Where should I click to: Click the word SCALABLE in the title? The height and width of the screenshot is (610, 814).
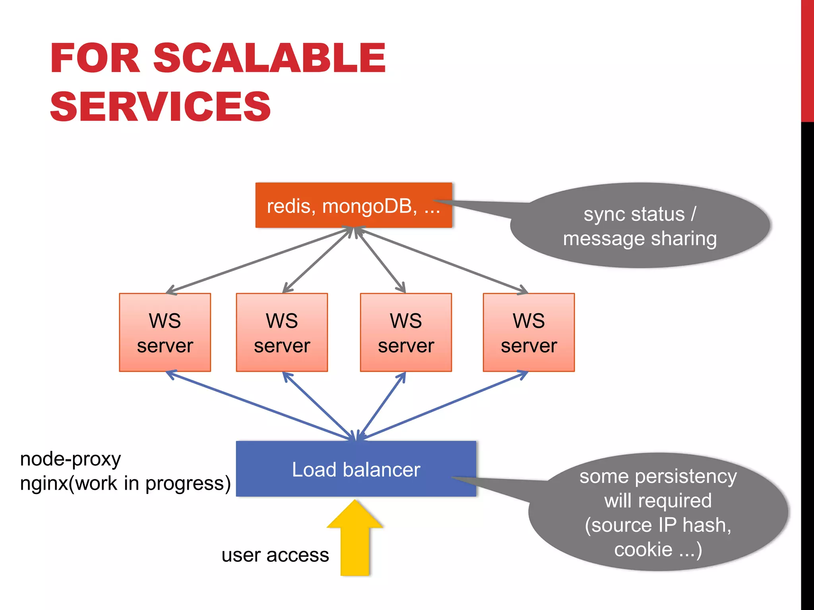[x=269, y=58]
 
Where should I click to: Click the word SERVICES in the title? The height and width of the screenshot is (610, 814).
[x=160, y=106]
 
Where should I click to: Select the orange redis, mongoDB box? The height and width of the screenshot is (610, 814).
[x=353, y=205]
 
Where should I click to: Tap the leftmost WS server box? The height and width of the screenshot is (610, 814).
[x=165, y=333]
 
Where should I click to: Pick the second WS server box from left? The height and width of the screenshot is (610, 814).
[x=282, y=333]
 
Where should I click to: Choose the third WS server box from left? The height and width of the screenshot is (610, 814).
[x=406, y=333]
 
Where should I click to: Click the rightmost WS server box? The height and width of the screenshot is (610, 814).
[x=529, y=333]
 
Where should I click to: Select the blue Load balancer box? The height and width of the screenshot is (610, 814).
[x=356, y=469]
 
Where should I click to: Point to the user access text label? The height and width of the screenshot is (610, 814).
[x=275, y=555]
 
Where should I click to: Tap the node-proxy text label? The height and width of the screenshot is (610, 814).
[x=70, y=459]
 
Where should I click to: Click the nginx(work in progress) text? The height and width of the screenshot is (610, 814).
[x=125, y=484]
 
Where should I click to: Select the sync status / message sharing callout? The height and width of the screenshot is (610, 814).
[x=640, y=226]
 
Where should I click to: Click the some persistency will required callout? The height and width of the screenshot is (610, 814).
[x=658, y=512]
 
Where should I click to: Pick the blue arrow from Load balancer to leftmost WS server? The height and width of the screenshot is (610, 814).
[x=258, y=405]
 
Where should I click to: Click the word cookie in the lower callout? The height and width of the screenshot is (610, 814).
[x=643, y=550]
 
